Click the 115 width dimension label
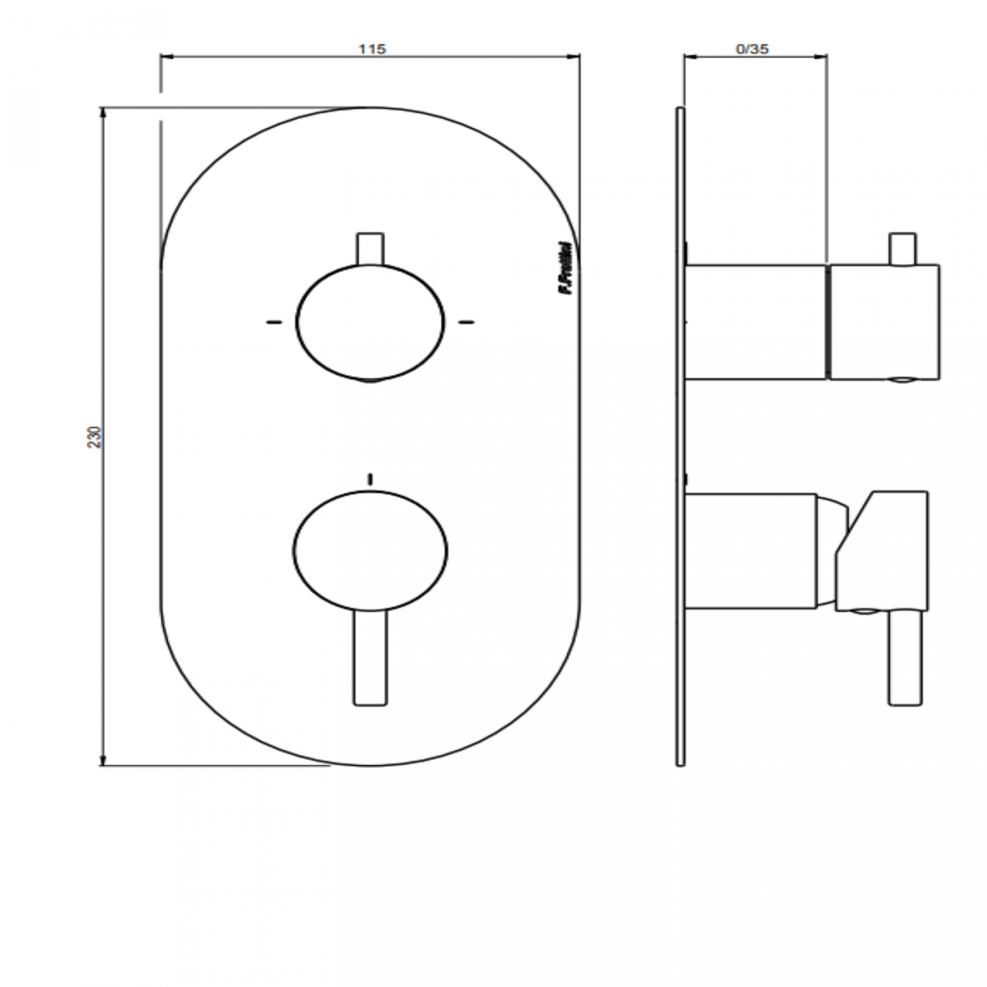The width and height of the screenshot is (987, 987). [x=372, y=49]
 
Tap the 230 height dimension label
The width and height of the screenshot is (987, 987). [x=94, y=437]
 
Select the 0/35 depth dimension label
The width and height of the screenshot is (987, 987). [x=752, y=49]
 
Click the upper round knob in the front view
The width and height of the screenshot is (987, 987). [x=370, y=322]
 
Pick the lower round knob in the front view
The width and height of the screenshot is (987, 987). [x=370, y=550]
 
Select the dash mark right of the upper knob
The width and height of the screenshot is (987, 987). [x=466, y=322]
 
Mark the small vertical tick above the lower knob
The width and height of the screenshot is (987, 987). [x=370, y=478]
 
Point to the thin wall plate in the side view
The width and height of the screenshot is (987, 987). [x=680, y=437]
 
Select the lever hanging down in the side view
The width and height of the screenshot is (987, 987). [x=906, y=657]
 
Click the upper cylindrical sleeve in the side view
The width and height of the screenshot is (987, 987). [x=755, y=322]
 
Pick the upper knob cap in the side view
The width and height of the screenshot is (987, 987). [x=885, y=322]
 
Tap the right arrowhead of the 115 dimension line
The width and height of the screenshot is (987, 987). [x=574, y=55]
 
